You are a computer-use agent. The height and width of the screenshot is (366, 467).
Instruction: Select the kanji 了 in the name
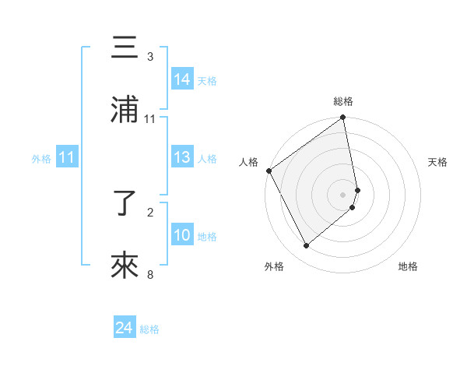125,205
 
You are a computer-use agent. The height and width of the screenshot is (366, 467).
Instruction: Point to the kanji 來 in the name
125,266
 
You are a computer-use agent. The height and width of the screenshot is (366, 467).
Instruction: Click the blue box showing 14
182,79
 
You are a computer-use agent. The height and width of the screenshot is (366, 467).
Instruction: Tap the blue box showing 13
182,158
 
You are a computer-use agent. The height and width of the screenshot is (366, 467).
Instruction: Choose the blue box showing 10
182,235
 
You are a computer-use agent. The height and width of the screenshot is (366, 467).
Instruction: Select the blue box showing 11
67,158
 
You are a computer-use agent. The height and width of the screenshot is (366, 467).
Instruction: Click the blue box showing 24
125,329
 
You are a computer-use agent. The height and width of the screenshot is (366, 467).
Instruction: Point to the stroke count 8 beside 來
150,274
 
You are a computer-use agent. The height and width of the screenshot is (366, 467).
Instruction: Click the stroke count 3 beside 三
150,57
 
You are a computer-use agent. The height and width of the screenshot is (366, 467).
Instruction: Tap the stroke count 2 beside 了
150,212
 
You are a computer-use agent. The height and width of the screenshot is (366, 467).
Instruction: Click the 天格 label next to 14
207,81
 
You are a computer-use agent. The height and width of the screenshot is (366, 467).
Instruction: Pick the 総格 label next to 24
149,329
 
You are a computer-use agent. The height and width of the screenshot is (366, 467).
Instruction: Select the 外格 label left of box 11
41,159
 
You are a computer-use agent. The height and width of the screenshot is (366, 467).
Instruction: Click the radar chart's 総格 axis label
343,101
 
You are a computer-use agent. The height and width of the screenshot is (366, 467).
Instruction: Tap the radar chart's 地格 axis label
408,266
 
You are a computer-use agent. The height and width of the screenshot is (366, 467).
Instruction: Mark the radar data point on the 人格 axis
269,171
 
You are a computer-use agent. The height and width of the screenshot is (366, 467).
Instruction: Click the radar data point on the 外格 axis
306,246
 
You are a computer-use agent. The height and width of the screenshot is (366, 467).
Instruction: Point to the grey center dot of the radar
343,194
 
